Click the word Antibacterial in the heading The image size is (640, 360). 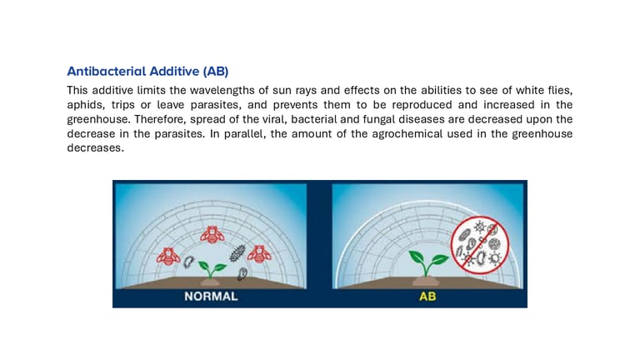point(107,71)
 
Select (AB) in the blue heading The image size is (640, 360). point(216,72)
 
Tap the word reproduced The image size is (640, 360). point(422,105)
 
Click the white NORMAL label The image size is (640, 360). point(211,297)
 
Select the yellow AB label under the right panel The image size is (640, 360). point(427,297)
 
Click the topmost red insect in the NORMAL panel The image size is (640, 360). point(212,234)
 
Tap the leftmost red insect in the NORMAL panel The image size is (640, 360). point(168,257)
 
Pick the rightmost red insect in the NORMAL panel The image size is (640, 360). point(259,254)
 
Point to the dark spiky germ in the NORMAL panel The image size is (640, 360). point(237,253)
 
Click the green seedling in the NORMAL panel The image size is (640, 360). point(212,271)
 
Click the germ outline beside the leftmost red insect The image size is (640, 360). point(188,262)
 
